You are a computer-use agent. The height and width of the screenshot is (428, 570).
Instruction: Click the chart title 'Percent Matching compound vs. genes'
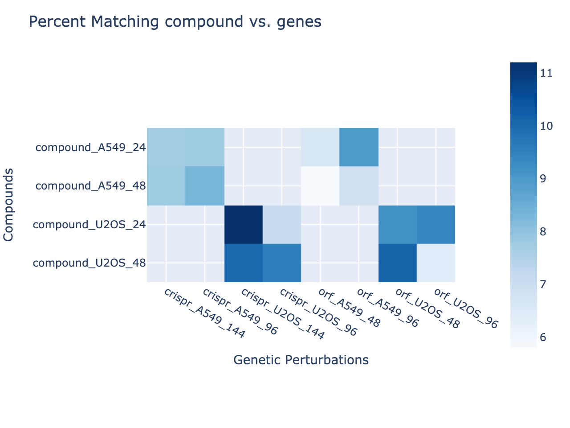[x=175, y=21]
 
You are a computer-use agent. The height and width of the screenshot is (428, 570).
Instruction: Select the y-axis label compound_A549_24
[x=90, y=148]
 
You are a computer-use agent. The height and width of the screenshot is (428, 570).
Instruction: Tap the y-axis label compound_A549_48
[x=90, y=186]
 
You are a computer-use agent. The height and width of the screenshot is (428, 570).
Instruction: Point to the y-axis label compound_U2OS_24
[x=90, y=225]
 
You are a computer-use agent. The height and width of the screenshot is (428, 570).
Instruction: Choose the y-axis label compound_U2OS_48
[x=90, y=263]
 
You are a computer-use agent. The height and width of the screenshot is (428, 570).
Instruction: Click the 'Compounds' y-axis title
[x=8, y=205]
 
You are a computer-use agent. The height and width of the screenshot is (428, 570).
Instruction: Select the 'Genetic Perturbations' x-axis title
[x=301, y=360]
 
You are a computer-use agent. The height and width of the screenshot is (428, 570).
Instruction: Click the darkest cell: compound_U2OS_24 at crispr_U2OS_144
[x=244, y=225]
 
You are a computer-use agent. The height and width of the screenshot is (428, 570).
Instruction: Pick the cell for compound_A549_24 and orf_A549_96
[x=359, y=148]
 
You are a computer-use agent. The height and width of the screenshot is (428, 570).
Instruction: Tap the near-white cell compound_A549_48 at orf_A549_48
[x=321, y=186]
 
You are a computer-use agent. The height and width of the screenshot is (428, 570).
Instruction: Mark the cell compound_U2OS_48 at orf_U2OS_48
[x=398, y=263]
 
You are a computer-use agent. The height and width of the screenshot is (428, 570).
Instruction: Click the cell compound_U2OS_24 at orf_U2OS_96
[x=436, y=225]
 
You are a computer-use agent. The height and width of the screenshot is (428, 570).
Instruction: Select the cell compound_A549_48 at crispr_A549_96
[x=205, y=186]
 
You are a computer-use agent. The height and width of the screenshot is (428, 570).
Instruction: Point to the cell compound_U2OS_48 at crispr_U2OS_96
[x=282, y=263]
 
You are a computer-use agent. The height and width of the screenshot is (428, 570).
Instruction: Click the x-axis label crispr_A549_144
[x=204, y=313]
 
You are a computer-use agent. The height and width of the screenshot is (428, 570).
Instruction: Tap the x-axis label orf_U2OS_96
[x=465, y=309]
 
